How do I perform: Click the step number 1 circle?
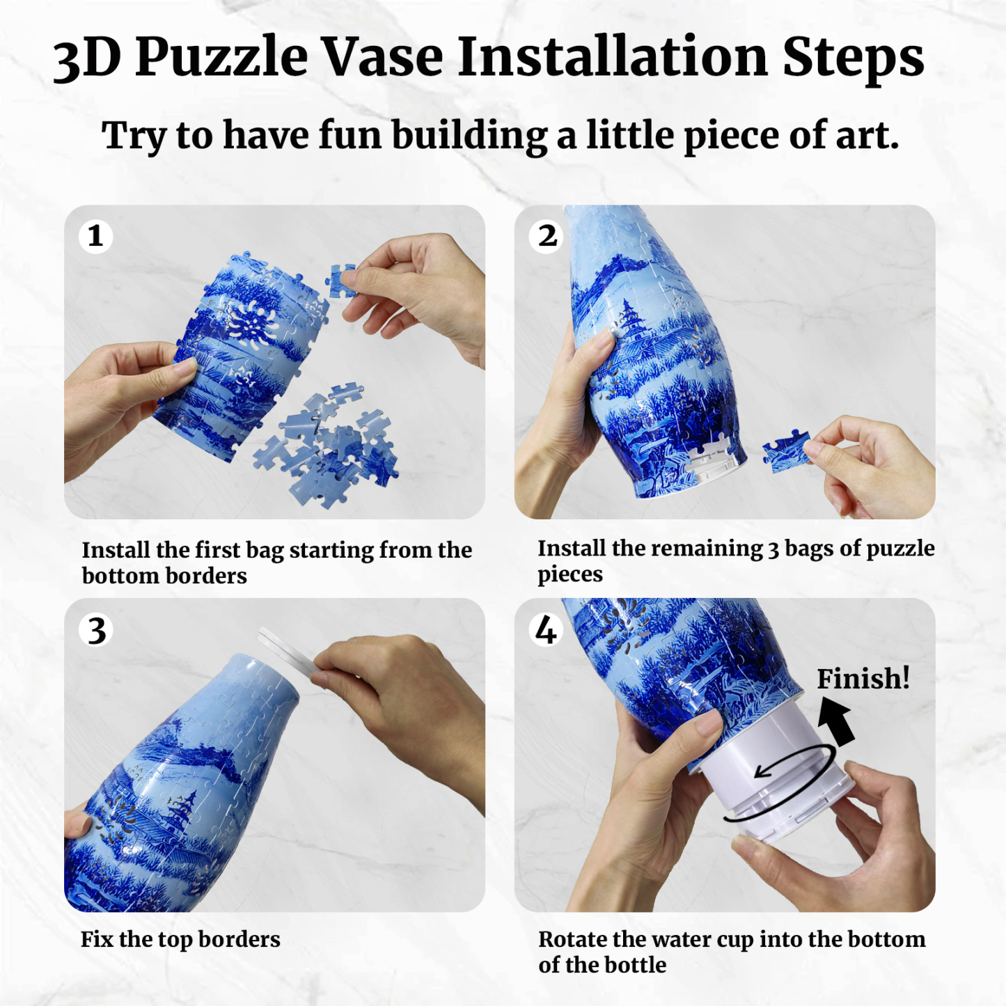coord(95,236)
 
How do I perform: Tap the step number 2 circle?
coord(547,236)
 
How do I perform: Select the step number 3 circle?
coord(96,630)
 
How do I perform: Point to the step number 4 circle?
coord(546,630)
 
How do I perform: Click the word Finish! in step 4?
coord(863,678)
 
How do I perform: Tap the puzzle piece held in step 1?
coord(341,281)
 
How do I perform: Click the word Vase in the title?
coord(381,57)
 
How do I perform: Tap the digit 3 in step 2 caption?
coord(773,549)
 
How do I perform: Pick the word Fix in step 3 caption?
coord(96,939)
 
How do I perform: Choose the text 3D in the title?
coord(87,58)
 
